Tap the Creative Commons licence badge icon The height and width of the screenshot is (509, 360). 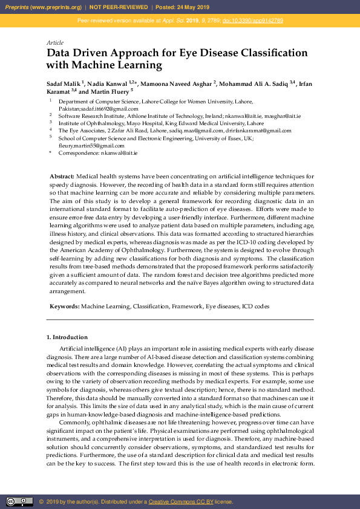[19, 502]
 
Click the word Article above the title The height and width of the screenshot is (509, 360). [54, 43]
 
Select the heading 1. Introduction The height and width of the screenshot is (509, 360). [67, 337]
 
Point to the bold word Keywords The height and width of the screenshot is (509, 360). [64, 307]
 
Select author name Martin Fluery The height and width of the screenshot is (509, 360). [109, 91]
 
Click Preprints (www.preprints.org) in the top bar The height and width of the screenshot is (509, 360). [44, 7]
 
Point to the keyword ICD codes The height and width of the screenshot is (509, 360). [256, 307]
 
